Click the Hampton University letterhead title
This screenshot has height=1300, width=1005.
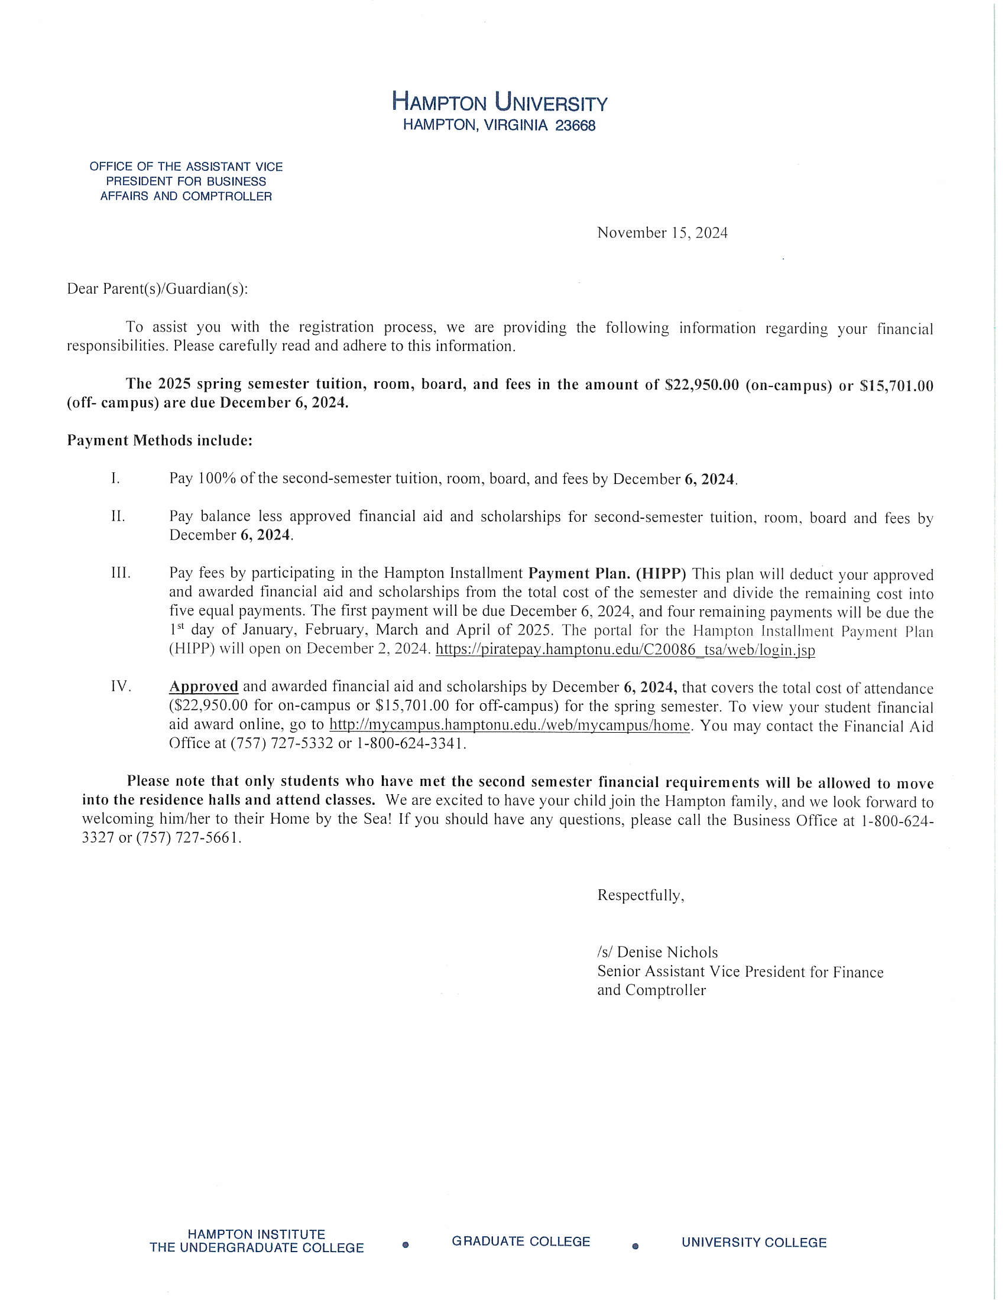tap(500, 103)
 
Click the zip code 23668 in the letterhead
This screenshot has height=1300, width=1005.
tap(575, 126)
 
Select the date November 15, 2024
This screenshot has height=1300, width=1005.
tap(662, 233)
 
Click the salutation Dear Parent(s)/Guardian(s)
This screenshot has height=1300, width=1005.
tap(157, 289)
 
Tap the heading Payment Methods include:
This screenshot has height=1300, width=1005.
tap(160, 440)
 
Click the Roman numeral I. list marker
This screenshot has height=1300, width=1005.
tap(115, 478)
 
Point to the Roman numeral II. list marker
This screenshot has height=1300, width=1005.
tap(118, 516)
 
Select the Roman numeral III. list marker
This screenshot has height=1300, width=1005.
tap(120, 573)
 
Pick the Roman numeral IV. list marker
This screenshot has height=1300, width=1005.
tap(120, 686)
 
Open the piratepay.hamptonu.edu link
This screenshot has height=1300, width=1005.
tap(625, 649)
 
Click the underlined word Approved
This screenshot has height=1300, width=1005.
tap(203, 686)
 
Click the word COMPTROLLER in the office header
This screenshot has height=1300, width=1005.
tap(227, 196)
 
